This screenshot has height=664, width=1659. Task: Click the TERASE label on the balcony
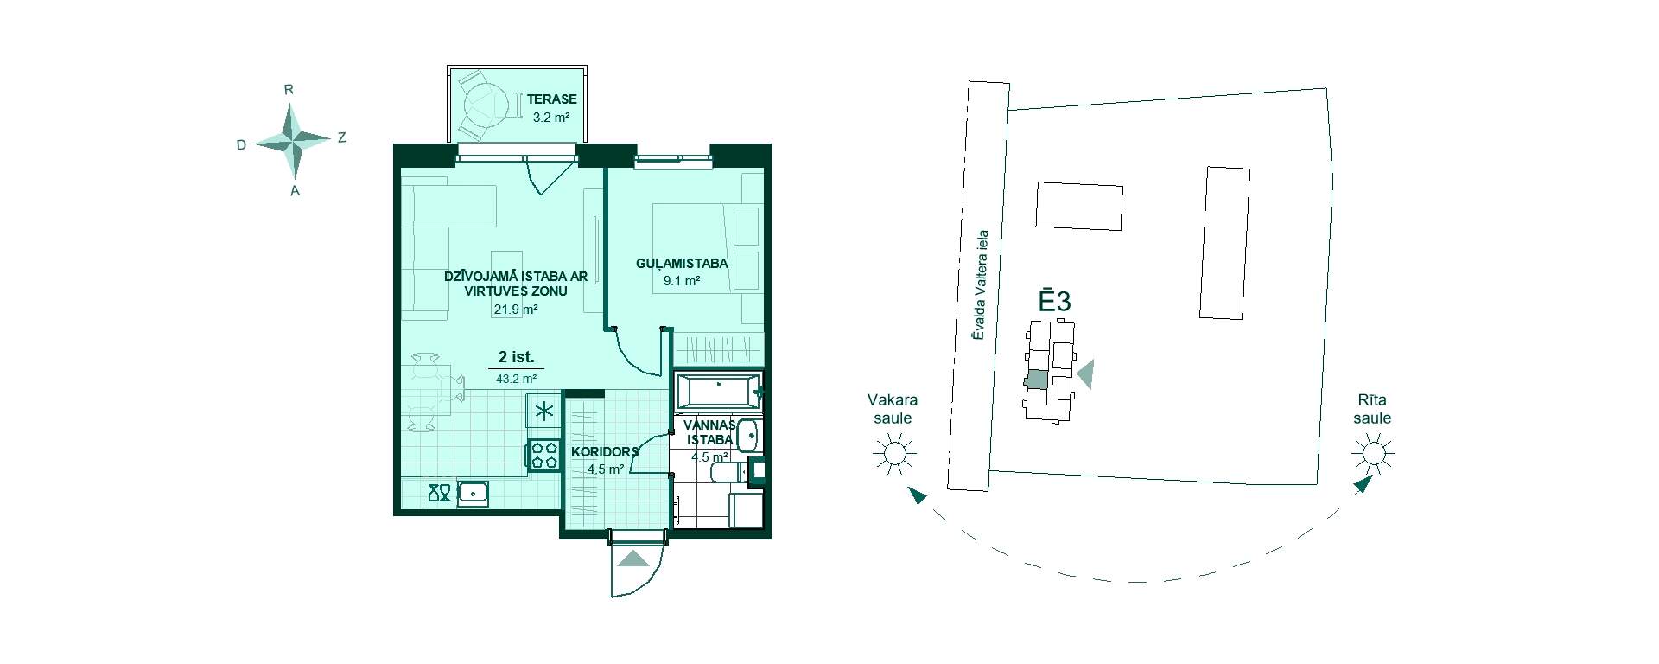click(551, 99)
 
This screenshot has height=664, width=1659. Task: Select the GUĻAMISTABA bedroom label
click(682, 264)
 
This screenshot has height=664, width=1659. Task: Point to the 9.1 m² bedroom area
click(682, 281)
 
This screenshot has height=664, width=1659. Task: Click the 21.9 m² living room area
click(516, 309)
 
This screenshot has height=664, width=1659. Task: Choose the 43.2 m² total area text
click(516, 379)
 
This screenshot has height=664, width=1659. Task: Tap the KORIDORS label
click(605, 451)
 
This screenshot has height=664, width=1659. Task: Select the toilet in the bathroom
click(728, 472)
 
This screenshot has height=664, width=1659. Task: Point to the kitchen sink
click(473, 493)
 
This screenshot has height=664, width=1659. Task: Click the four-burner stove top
click(544, 455)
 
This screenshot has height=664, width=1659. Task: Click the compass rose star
click(294, 138)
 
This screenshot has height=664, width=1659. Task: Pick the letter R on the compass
click(289, 89)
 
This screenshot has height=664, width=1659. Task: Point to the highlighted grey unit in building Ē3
click(1035, 380)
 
